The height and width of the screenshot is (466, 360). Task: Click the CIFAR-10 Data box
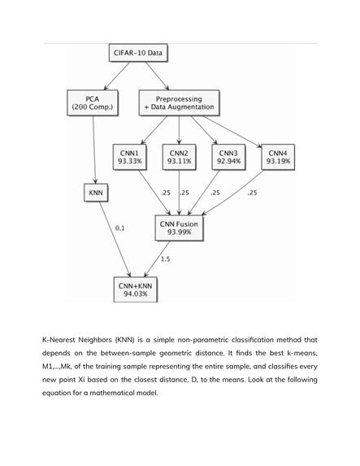[138, 53]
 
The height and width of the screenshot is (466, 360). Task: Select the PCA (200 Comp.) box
[93, 102]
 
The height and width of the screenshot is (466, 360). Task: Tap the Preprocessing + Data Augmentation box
[179, 102]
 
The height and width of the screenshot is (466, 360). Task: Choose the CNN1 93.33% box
[129, 157]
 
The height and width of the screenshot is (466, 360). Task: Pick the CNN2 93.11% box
[179, 157]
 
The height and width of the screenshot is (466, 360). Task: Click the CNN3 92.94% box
[228, 157]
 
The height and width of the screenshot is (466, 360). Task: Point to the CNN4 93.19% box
[278, 157]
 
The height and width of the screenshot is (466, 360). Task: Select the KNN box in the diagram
[96, 193]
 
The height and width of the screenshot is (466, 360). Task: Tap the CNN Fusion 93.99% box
[179, 228]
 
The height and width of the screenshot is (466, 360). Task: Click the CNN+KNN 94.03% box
[136, 290]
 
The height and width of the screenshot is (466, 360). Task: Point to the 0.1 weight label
[120, 229]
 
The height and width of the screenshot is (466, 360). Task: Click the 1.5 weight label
[166, 259]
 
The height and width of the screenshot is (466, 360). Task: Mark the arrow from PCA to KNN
[94, 150]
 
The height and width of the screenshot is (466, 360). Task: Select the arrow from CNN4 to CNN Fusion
[233, 193]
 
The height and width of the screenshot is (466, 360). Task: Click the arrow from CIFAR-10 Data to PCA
[117, 76]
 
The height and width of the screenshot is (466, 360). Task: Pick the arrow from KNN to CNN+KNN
[115, 239]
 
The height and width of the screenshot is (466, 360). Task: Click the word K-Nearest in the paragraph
[59, 340]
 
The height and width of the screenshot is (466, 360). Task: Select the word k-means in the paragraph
[301, 353]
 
